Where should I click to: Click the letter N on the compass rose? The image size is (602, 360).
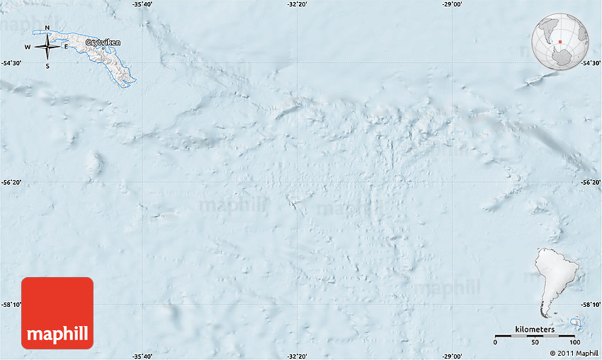(x=47, y=29)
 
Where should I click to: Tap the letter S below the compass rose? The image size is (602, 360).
(x=47, y=66)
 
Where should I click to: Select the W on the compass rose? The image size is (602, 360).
(x=28, y=47)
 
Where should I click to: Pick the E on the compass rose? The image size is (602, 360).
(x=66, y=47)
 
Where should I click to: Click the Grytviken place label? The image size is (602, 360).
(x=103, y=43)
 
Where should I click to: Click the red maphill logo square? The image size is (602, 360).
(x=57, y=313)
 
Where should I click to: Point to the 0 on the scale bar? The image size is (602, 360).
(x=495, y=343)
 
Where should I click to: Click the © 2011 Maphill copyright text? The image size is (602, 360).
(x=574, y=353)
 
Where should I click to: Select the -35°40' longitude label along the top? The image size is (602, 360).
(x=142, y=4)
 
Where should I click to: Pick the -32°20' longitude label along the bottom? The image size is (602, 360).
(x=297, y=356)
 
